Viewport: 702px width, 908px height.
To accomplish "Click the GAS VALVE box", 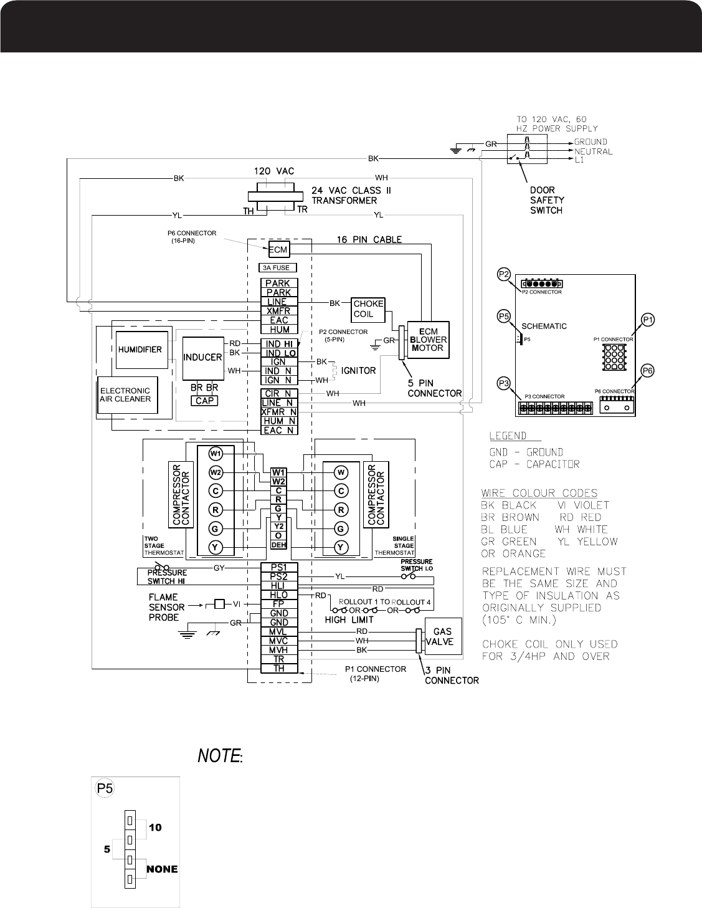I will [443, 636].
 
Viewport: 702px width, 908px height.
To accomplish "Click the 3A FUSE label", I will [278, 268].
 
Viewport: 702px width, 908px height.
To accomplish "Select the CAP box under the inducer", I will [204, 401].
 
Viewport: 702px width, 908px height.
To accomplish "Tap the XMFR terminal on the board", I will [278, 311].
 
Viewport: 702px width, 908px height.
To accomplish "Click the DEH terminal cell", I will [278, 545].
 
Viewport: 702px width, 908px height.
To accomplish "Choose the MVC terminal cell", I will [278, 641].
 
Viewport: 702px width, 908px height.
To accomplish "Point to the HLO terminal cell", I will [278, 595].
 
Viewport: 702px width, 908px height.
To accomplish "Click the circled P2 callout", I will [504, 274].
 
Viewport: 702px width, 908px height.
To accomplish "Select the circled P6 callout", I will [648, 370].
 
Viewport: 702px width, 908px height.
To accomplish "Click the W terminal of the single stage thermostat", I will [341, 471].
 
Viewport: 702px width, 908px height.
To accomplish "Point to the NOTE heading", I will [219, 757].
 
